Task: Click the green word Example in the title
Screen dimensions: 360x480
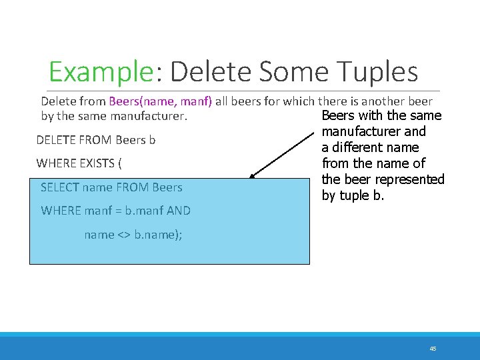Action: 101,72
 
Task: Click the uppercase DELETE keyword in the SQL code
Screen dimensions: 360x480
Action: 56,141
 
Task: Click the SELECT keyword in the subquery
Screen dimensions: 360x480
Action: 60,187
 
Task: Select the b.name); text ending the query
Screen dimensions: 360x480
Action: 161,235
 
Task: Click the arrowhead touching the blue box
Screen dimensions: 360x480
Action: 253,176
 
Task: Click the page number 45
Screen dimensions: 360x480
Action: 433,349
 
